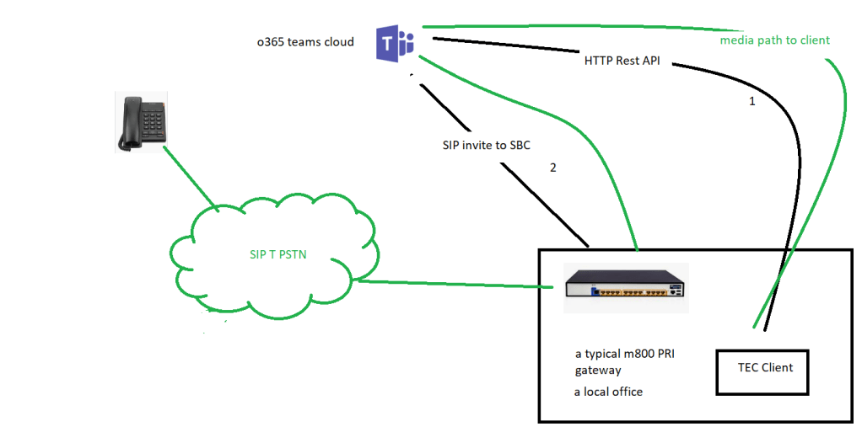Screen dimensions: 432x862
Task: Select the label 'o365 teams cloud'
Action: coord(304,42)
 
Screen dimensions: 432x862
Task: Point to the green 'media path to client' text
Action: coord(774,40)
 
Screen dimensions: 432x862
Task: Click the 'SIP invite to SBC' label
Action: coord(486,145)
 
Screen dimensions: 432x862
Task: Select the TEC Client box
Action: coord(762,371)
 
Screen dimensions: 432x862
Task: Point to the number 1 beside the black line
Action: coord(752,100)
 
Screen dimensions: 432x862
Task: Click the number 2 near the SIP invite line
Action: coord(552,168)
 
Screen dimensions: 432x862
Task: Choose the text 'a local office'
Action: coord(608,392)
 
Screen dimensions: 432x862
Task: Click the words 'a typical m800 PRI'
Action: coord(624,354)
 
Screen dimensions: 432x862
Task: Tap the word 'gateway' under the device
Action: coord(598,371)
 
